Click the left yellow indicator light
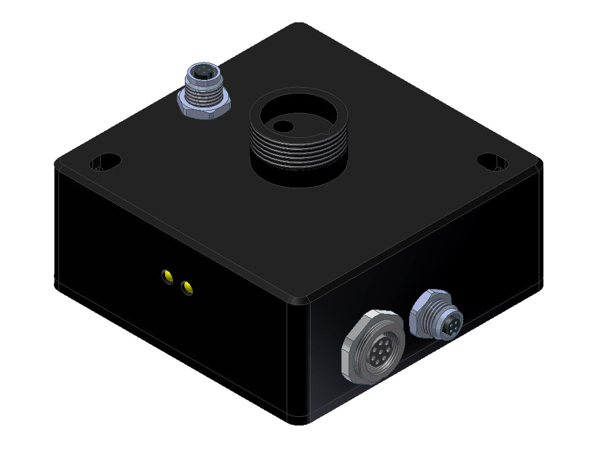pyautogui.click(x=167, y=275)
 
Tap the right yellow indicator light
pyautogui.click(x=187, y=287)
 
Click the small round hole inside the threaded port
pyautogui.click(x=284, y=125)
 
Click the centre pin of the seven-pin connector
pyautogui.click(x=376, y=351)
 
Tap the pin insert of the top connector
pyautogui.click(x=202, y=73)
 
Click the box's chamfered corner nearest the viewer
pyautogui.click(x=298, y=301)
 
